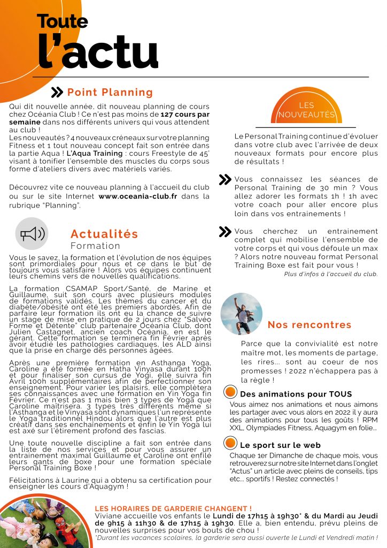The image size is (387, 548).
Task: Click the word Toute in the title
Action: click(62, 21)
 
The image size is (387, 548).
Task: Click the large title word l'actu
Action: click(98, 54)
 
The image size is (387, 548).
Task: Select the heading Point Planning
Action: click(110, 93)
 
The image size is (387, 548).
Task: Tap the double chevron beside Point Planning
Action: click(57, 93)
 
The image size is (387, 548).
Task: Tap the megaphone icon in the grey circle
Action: click(32, 234)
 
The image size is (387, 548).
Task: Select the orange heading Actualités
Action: click(104, 234)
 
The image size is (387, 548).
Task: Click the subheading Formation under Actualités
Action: click(95, 246)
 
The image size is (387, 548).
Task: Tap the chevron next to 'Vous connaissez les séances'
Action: click(225, 180)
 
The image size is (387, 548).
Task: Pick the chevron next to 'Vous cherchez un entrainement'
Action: click(225, 232)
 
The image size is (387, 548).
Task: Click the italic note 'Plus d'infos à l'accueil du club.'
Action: click(331, 274)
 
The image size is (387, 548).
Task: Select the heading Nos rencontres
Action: click(309, 325)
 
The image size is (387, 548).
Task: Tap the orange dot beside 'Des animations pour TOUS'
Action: click(230, 392)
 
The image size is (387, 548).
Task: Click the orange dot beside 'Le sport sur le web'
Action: click(230, 443)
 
